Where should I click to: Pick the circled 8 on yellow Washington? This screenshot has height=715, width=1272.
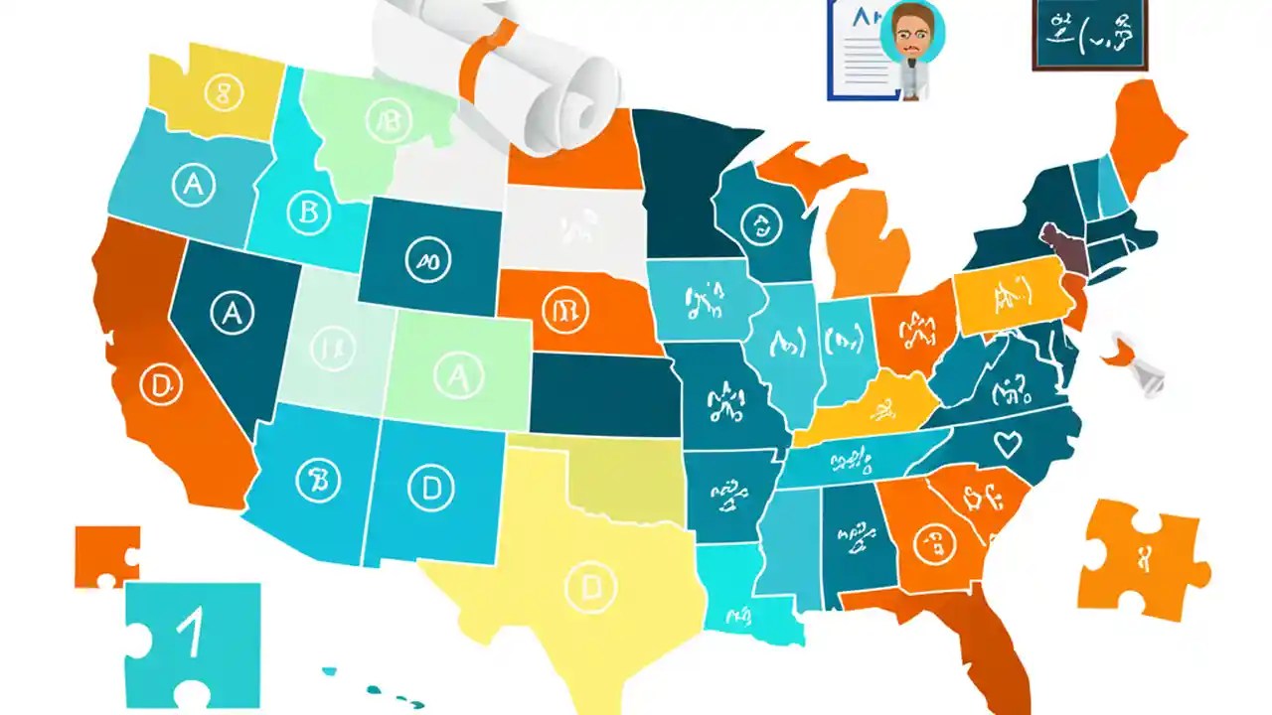coord(223,92)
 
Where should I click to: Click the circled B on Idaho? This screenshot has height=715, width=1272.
coord(307,211)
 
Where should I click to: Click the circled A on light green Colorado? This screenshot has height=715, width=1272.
coord(457,374)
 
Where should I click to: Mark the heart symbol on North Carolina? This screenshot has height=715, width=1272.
coord(1008,445)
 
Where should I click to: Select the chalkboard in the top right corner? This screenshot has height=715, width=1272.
coord(1090,34)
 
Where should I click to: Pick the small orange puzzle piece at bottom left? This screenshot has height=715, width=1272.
coord(105,555)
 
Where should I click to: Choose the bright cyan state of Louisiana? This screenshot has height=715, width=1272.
coord(745,591)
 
